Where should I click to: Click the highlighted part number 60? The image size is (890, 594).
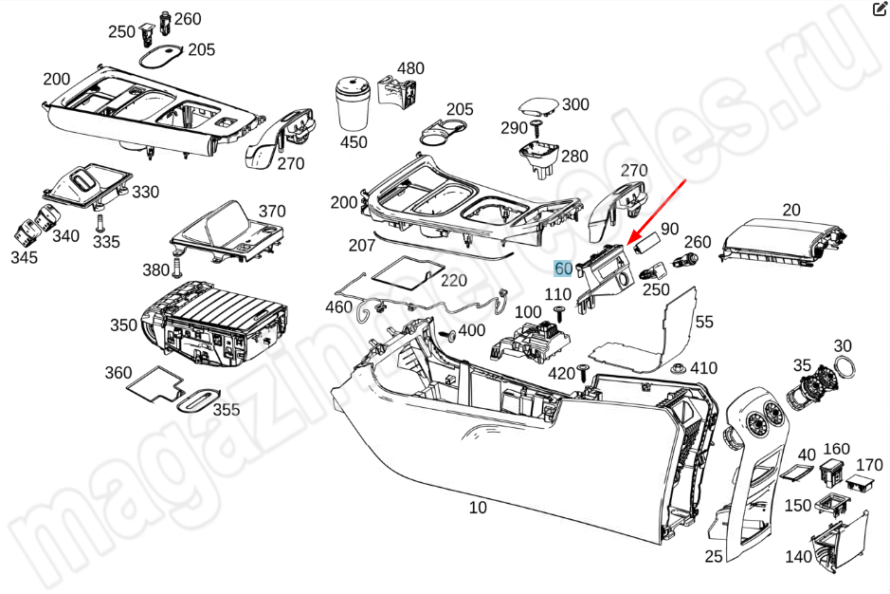point(563,269)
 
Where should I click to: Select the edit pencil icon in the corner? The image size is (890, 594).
point(879,9)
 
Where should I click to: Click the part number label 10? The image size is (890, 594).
point(478,508)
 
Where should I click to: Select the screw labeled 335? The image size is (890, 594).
point(100,221)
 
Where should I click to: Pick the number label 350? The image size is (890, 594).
point(123,325)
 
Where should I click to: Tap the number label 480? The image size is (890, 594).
point(410,68)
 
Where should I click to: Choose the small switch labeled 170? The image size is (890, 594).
point(862,484)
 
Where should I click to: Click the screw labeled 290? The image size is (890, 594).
point(537,126)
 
